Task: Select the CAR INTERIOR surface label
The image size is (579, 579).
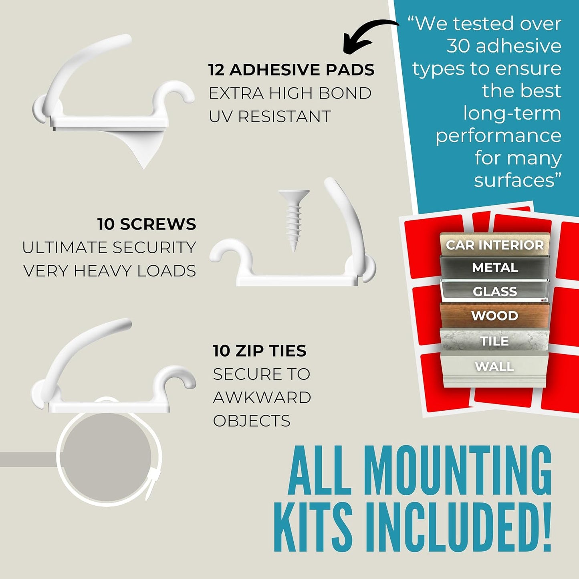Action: coord(494,245)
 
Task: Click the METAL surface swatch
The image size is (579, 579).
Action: coord(494,267)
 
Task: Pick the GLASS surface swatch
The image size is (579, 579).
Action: coord(494,291)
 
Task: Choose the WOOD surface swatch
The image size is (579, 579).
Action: coord(494,315)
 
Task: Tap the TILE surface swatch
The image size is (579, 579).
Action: coord(494,341)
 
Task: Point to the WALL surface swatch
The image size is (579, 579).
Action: coord(494,369)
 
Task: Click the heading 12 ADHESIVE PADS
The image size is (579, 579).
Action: coord(291,70)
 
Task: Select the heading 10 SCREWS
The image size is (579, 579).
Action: coord(147,224)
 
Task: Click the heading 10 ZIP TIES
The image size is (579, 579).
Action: coord(260,351)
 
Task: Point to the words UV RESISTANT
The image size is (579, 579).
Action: coord(270,116)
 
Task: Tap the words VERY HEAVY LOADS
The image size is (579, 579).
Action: coord(110,271)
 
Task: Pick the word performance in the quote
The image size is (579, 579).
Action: coord(498,136)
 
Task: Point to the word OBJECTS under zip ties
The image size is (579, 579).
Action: coord(252,421)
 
